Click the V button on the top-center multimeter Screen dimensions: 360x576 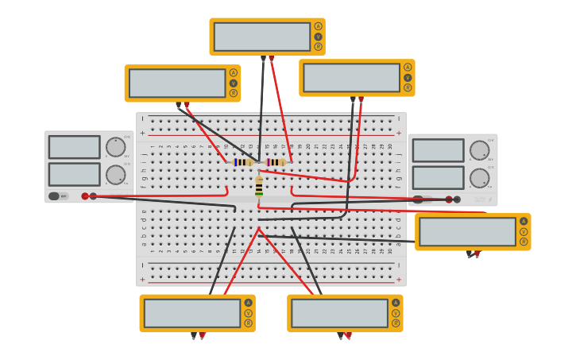point(318,37)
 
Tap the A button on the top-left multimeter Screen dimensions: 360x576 point(233,73)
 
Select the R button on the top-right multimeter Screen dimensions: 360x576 point(408,87)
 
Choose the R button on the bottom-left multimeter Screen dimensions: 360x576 point(248,323)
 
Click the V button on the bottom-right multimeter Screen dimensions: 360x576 point(396,313)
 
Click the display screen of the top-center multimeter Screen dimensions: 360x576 point(261,37)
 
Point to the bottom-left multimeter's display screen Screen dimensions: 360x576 point(191,313)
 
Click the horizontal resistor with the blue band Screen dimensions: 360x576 point(242,162)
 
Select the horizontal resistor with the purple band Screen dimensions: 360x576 point(275,162)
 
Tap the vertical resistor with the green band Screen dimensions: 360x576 point(259,188)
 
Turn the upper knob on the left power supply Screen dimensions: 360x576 point(115,147)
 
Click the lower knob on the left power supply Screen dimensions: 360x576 point(115,175)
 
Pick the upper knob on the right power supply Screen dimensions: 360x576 point(478,150)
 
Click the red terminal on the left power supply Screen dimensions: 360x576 point(85,196)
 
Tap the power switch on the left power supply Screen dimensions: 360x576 point(54,196)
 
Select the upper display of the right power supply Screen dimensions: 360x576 point(438,150)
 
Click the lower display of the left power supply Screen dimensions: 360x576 point(74,174)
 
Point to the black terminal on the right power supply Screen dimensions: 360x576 point(457,199)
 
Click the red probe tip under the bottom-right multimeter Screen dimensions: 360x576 point(348,336)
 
